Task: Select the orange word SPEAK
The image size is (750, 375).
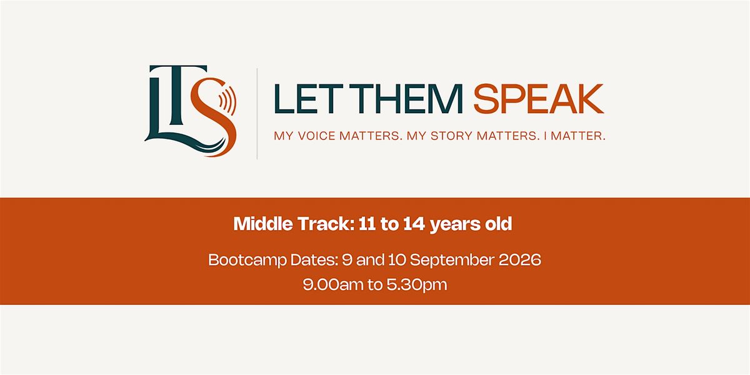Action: [539, 99]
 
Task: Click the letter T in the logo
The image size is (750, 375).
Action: [178, 97]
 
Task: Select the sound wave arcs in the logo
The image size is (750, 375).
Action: [227, 100]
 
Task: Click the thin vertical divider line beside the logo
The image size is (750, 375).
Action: [257, 114]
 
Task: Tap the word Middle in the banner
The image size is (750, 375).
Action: [264, 224]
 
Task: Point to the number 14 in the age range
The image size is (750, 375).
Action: [414, 224]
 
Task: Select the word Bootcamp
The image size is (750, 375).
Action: [247, 260]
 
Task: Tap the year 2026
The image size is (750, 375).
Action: [520, 260]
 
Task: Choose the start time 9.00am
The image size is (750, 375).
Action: [333, 284]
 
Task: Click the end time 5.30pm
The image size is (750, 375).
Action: [417, 285]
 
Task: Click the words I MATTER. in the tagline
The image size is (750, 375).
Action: [574, 136]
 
